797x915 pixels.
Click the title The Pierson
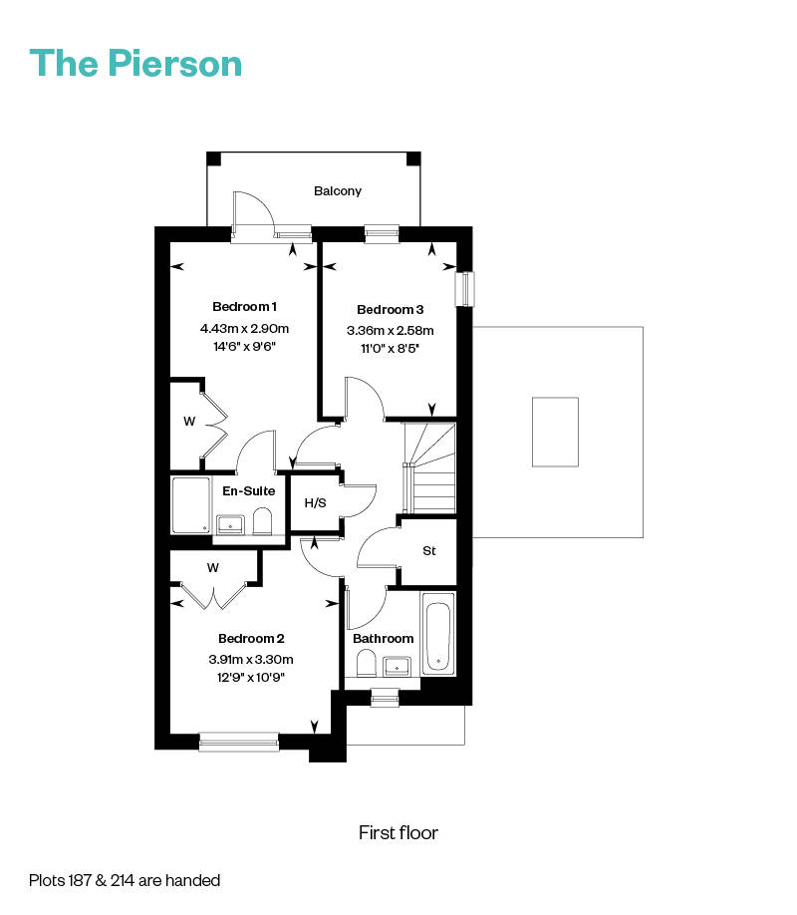click(x=135, y=63)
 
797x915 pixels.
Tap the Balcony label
click(x=338, y=191)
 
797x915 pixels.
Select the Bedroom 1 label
click(x=244, y=306)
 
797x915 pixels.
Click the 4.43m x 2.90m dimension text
click(x=244, y=329)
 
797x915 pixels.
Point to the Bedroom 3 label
click(x=391, y=309)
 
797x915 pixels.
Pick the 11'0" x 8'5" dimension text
click(x=391, y=349)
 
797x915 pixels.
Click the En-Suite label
click(x=248, y=490)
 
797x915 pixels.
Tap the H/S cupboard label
click(x=315, y=502)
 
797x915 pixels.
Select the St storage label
click(x=429, y=550)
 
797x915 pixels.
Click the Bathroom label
click(x=384, y=638)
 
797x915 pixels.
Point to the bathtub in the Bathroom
click(x=438, y=634)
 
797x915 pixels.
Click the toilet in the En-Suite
click(x=263, y=521)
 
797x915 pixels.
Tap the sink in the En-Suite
click(x=230, y=524)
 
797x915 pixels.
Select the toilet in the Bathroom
click(x=366, y=664)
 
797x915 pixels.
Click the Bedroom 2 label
click(x=251, y=638)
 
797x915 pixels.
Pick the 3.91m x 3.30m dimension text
click(x=251, y=660)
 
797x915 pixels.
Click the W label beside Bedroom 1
click(x=189, y=422)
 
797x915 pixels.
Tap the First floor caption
click(x=398, y=832)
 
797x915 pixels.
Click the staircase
click(x=430, y=468)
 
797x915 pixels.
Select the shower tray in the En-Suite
click(x=191, y=505)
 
